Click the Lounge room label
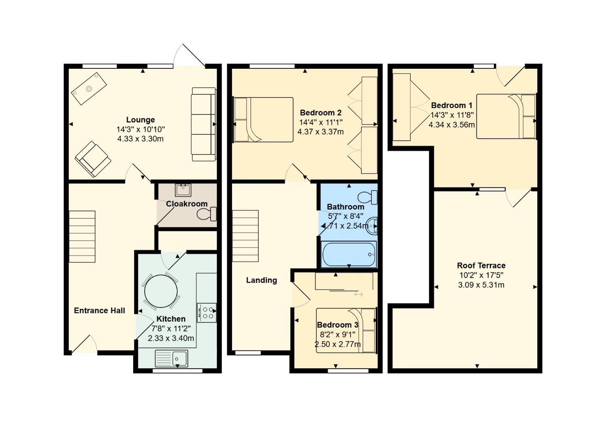(140, 120)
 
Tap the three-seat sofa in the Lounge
(204, 124)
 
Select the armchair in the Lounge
(93, 159)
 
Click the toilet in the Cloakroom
(206, 214)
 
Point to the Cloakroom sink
(183, 190)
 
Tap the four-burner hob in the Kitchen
(206, 313)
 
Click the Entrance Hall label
(100, 310)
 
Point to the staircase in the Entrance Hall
(82, 236)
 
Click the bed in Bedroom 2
(263, 120)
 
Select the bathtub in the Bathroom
(349, 254)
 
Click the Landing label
(262, 280)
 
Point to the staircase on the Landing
(245, 236)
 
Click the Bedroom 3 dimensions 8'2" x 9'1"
(338, 335)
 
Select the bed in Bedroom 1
(506, 117)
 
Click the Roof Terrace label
(481, 265)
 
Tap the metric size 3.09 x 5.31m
(481, 285)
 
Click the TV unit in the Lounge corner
(89, 89)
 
